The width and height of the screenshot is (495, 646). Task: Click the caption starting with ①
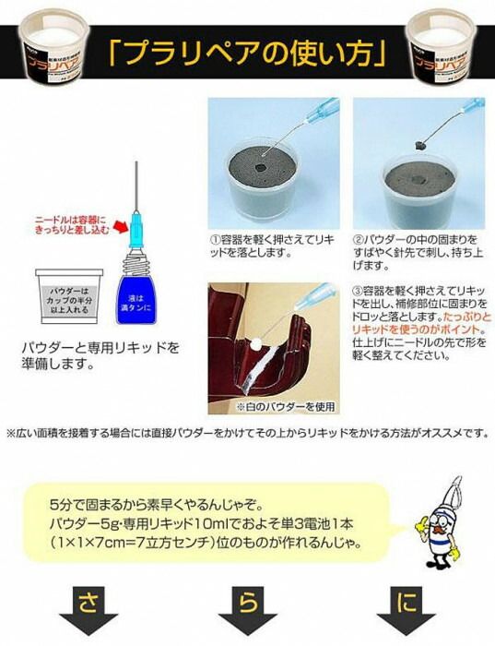click(x=273, y=245)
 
